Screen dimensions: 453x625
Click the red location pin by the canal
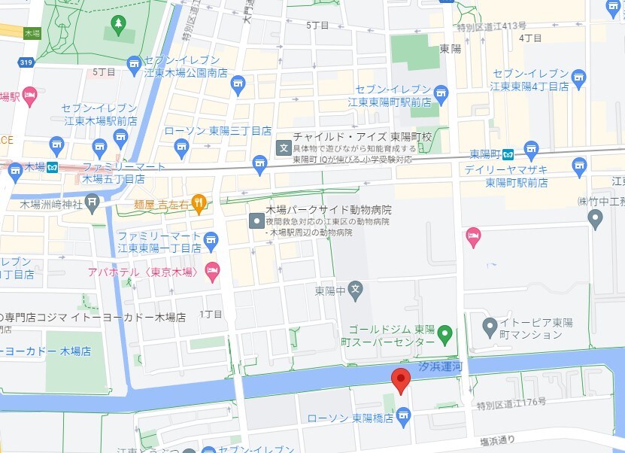(x=401, y=380)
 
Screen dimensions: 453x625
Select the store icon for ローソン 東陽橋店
(x=404, y=415)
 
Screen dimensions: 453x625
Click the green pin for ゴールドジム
(x=444, y=333)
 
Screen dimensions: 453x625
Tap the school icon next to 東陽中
(x=356, y=289)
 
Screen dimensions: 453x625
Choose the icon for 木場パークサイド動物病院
(x=256, y=220)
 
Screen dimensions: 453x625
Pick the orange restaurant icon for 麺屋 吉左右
(x=199, y=201)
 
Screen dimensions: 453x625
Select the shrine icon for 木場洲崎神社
(x=92, y=201)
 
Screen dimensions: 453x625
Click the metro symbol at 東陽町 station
(x=508, y=155)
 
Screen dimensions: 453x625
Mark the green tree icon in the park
(x=118, y=25)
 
